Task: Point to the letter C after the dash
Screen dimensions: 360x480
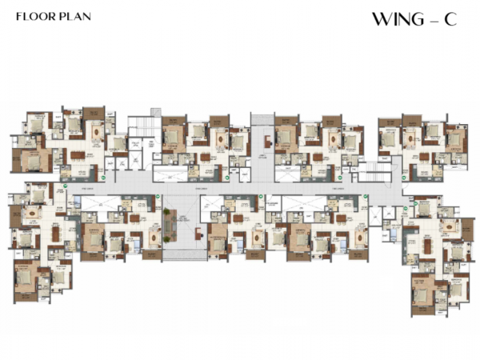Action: pos(451,20)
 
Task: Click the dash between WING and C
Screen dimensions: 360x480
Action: pos(433,21)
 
